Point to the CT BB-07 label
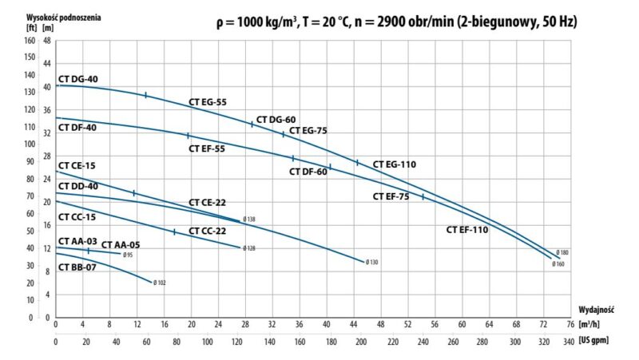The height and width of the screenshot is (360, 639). (77, 267)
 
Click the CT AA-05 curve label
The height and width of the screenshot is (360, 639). (121, 244)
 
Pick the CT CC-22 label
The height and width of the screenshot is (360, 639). (207, 231)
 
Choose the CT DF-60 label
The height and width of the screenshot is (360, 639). (308, 172)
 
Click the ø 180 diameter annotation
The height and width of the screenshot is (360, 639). (563, 252)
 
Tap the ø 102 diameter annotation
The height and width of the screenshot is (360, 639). (160, 283)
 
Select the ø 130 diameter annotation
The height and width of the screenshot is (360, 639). (372, 262)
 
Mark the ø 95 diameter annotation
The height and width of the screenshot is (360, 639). (128, 255)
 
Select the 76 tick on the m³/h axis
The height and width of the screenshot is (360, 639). (570, 325)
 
